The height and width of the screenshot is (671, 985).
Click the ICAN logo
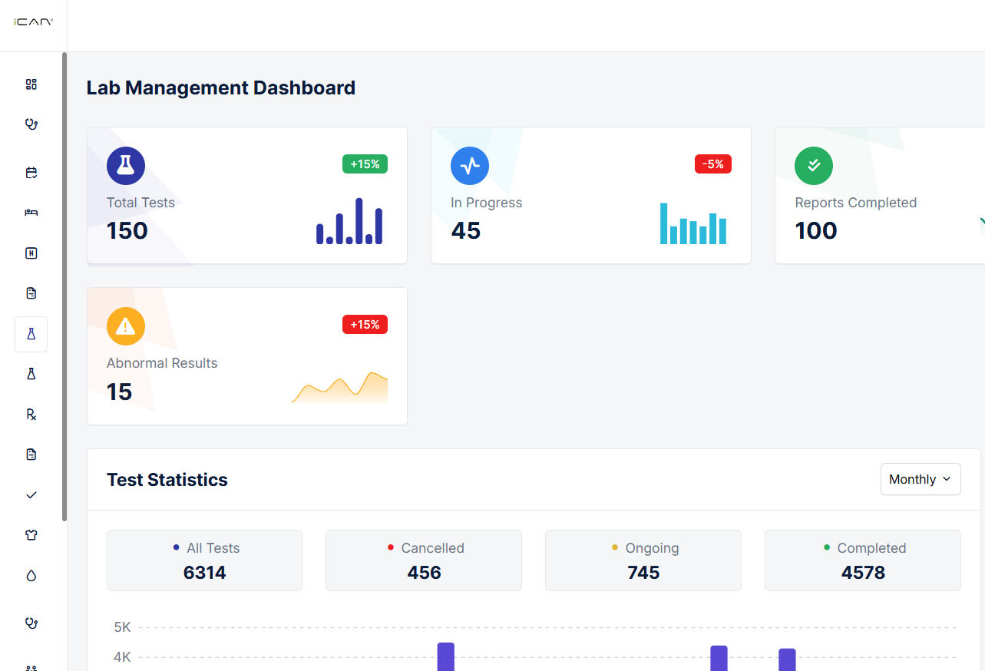click(33, 23)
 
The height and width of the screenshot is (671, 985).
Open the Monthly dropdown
click(920, 479)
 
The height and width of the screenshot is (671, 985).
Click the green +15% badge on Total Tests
click(365, 164)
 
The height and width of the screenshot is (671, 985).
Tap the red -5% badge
click(712, 164)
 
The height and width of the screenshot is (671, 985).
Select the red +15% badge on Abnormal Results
click(365, 325)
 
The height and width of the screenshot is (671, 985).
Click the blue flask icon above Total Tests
click(126, 166)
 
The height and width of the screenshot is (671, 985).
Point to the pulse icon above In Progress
click(470, 166)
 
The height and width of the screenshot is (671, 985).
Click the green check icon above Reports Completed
click(814, 166)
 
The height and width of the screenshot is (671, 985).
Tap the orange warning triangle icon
click(126, 326)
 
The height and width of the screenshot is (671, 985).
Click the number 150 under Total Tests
click(127, 230)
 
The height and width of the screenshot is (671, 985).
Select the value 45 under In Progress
click(466, 230)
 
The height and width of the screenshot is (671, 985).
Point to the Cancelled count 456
click(424, 573)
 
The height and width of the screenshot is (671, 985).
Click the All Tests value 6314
click(204, 573)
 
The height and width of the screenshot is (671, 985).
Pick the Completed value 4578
click(863, 573)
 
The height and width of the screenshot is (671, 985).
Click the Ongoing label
click(652, 548)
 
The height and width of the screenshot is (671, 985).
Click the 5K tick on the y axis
click(123, 627)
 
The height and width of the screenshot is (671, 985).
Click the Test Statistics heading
click(167, 480)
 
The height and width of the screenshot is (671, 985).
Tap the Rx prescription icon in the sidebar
click(31, 415)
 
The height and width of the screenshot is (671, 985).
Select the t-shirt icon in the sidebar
click(31, 535)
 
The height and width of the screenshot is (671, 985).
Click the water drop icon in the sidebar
click(31, 576)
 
